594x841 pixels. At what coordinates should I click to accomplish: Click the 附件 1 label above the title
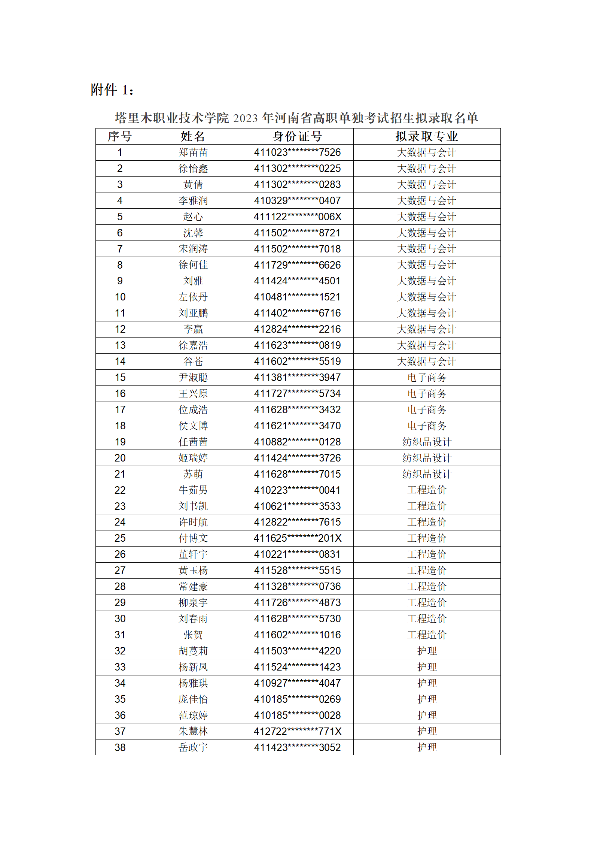pos(112,90)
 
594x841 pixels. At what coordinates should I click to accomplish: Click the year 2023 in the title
pos(245,118)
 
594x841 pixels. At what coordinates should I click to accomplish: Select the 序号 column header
pos(120,136)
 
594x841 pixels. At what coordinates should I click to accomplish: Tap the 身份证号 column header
pos(297,136)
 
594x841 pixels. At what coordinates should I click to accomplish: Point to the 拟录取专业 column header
pos(426,136)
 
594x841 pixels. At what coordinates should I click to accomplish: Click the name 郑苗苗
pos(193,152)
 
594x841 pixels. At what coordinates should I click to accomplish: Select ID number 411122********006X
pos(297,217)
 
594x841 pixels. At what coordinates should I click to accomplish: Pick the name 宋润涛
pos(193,249)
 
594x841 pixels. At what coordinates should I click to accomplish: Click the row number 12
pos(120,329)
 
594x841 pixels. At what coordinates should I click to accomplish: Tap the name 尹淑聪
pos(193,378)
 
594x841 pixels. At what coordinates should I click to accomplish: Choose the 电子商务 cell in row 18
pos(427,426)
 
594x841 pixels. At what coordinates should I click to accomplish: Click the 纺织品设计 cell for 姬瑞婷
pos(427,458)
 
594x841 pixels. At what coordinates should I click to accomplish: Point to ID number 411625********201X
pos(297,538)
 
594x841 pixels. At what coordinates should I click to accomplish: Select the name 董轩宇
pos(193,554)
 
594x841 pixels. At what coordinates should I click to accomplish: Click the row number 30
pos(120,619)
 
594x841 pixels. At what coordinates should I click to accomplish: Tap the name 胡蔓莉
pos(193,651)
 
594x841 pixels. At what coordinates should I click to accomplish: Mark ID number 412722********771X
pos(297,731)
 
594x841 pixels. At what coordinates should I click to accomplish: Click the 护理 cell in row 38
pos(427,747)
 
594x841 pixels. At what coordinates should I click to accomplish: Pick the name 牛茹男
pos(193,490)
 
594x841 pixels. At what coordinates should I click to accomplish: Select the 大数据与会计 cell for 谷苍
pos(426,361)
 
